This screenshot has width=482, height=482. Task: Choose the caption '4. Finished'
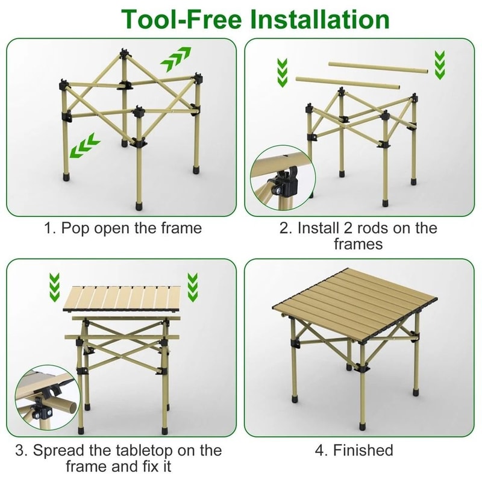[354, 450]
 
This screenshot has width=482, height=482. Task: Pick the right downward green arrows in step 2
[440, 64]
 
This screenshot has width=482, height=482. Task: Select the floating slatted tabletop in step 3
[124, 299]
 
